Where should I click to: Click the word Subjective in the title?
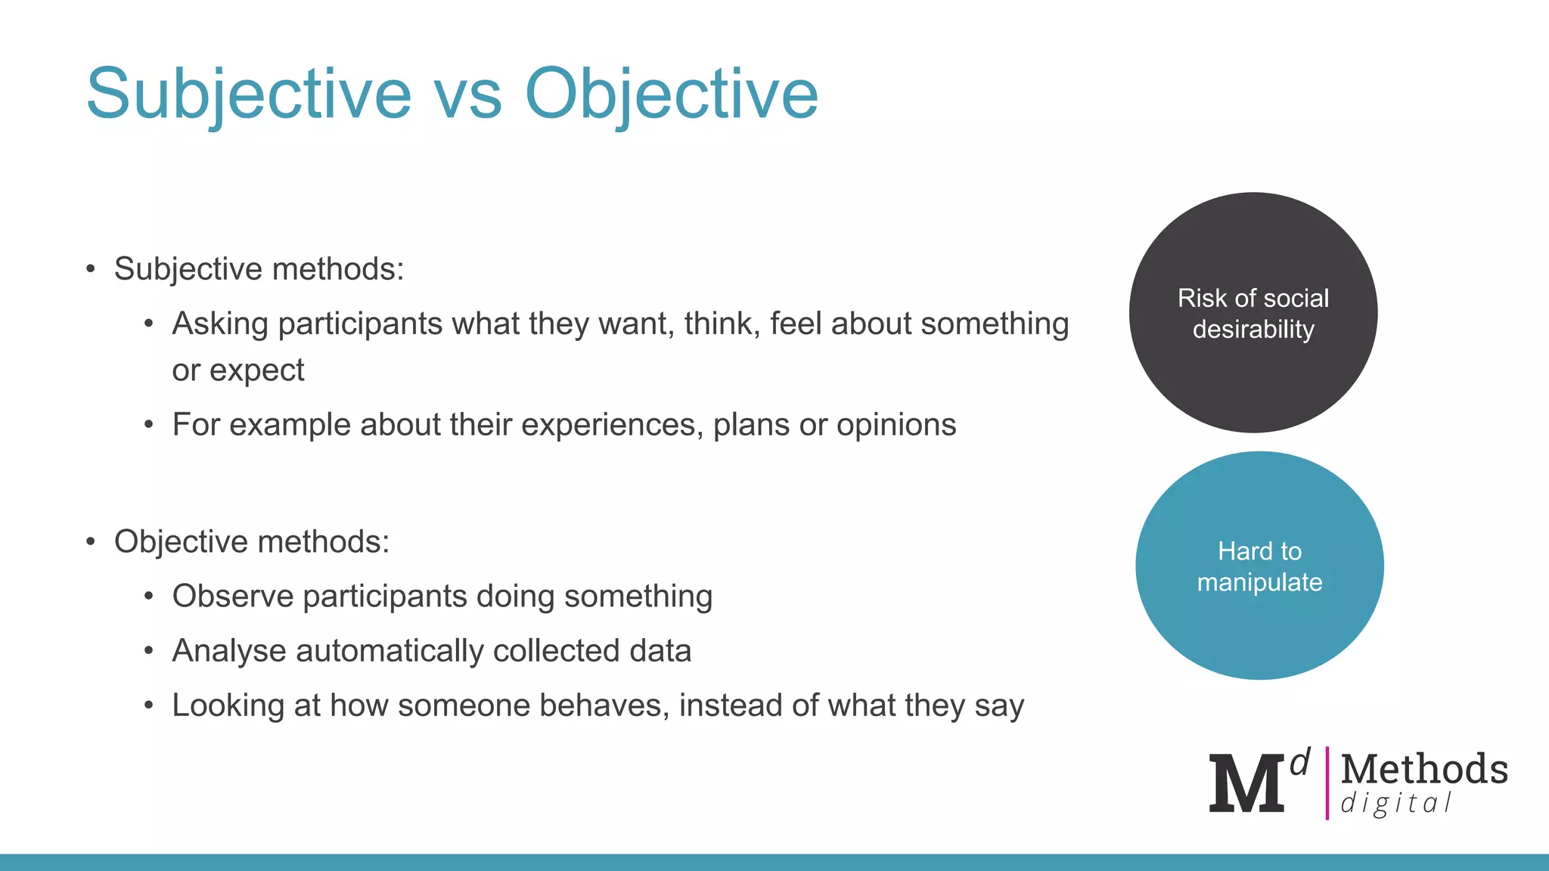tap(248, 94)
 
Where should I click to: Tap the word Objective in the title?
tap(671, 94)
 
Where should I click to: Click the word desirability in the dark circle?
tap(1253, 330)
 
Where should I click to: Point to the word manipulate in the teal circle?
tap(1259, 582)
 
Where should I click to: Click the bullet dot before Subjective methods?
tap(91, 269)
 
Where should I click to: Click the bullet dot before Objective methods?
tap(91, 542)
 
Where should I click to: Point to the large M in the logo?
tap(1246, 785)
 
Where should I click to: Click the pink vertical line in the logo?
tap(1327, 783)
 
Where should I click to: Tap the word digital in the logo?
tap(1395, 803)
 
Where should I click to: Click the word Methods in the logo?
tap(1424, 769)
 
